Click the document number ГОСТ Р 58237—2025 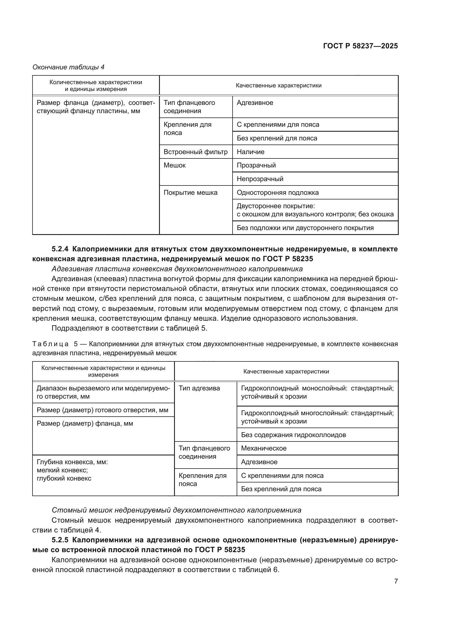(360, 46)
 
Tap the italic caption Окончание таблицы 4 (69, 67)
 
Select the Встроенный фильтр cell (195, 152)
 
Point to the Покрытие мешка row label (190, 193)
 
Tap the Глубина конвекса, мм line (72, 462)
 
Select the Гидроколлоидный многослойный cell (317, 417)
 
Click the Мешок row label (175, 165)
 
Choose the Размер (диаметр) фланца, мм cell (85, 424)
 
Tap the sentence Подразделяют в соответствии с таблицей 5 (130, 328)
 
